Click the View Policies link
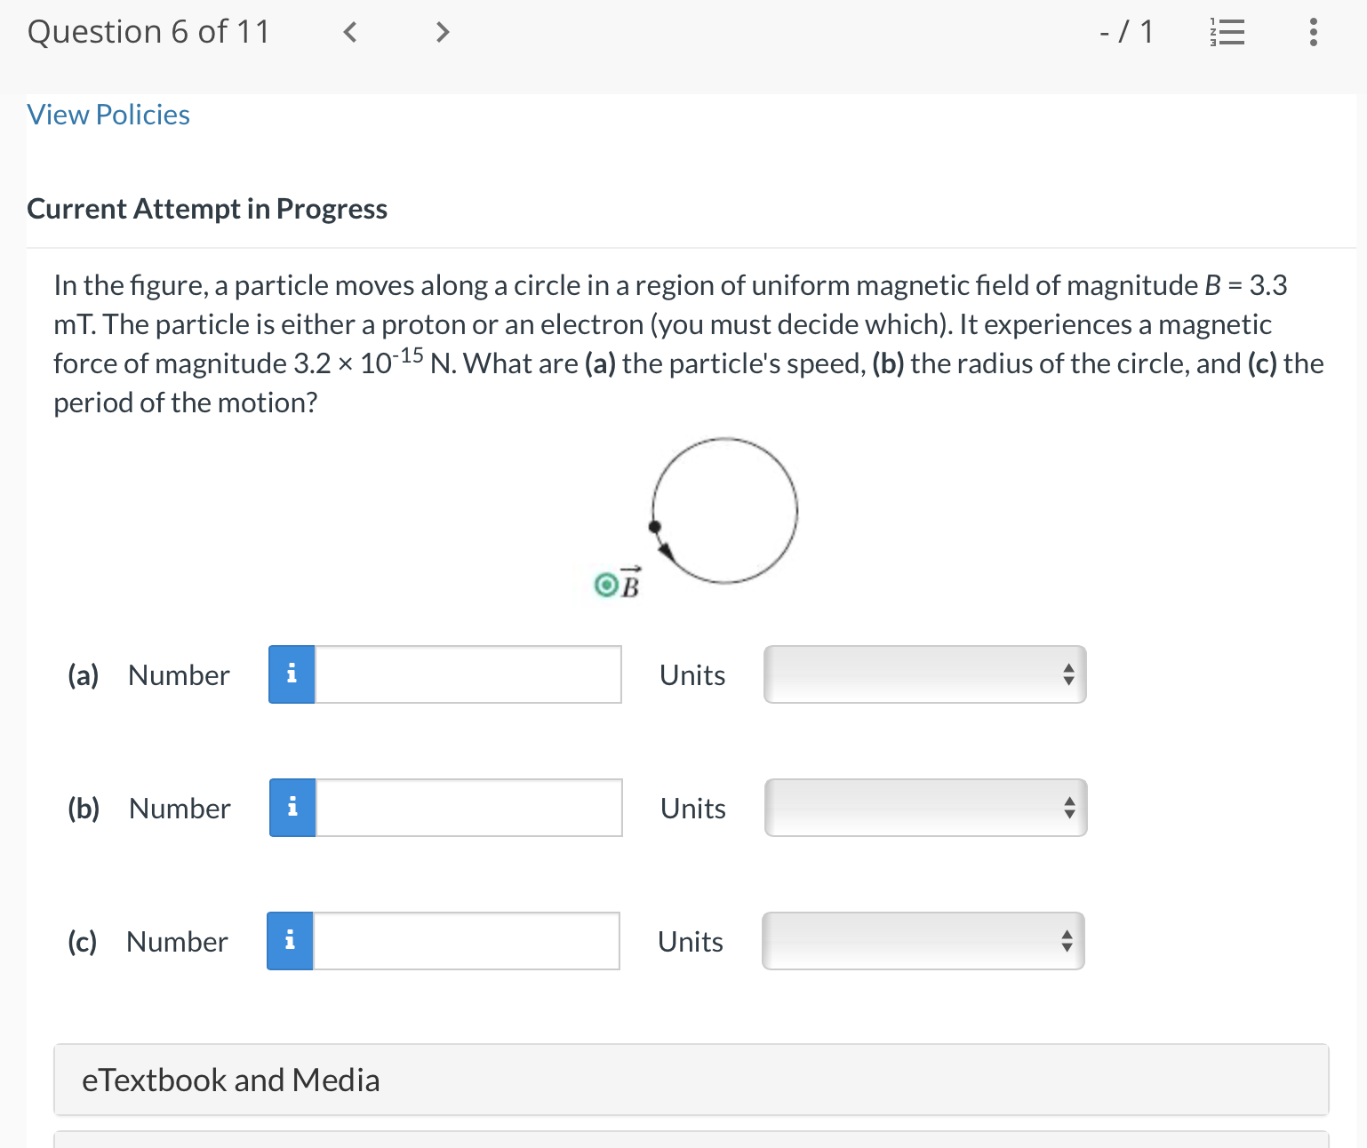[x=108, y=115]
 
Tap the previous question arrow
[x=350, y=33]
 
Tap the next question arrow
[x=442, y=33]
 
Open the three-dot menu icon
[x=1313, y=33]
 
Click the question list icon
[x=1227, y=33]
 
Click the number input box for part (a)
[x=468, y=674]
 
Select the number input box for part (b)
[x=468, y=808]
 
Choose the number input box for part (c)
[x=466, y=941]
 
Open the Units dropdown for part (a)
[x=924, y=674]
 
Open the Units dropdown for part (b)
[x=925, y=808]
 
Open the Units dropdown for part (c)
[x=923, y=941]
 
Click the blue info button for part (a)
[x=292, y=674]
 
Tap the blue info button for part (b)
[x=292, y=808]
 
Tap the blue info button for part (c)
[x=290, y=941]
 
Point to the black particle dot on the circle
[x=655, y=527]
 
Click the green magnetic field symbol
[x=606, y=585]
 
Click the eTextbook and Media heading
[x=231, y=1080]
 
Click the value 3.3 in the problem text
[x=1267, y=285]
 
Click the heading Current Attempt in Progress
[x=207, y=209]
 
